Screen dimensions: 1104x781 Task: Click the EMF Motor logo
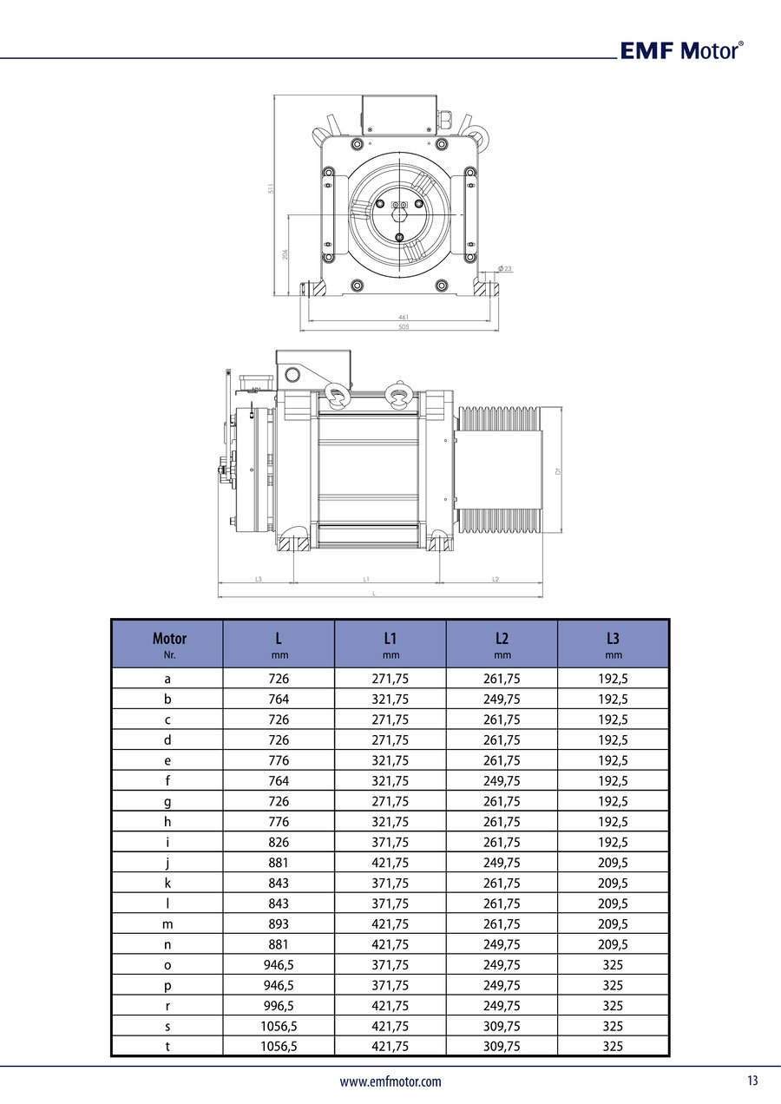point(681,50)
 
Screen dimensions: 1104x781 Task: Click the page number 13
point(751,1081)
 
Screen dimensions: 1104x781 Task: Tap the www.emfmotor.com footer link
point(390,1081)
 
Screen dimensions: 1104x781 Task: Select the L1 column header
point(390,644)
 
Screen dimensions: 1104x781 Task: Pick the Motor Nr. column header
point(168,644)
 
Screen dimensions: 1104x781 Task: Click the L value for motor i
point(279,842)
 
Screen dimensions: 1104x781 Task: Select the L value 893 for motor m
point(279,923)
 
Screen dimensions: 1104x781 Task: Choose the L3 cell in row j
point(613,863)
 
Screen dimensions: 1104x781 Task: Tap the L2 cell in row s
point(502,1026)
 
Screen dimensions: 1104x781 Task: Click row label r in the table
point(167,1005)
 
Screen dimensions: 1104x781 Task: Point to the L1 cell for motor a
point(390,679)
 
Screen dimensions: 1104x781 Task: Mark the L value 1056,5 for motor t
point(279,1046)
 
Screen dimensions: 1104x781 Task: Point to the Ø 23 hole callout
point(505,269)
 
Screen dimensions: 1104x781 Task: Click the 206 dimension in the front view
point(285,254)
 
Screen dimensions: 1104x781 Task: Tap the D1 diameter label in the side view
point(558,470)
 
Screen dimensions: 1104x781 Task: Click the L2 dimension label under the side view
point(496,578)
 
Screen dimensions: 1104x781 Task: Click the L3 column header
point(613,644)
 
